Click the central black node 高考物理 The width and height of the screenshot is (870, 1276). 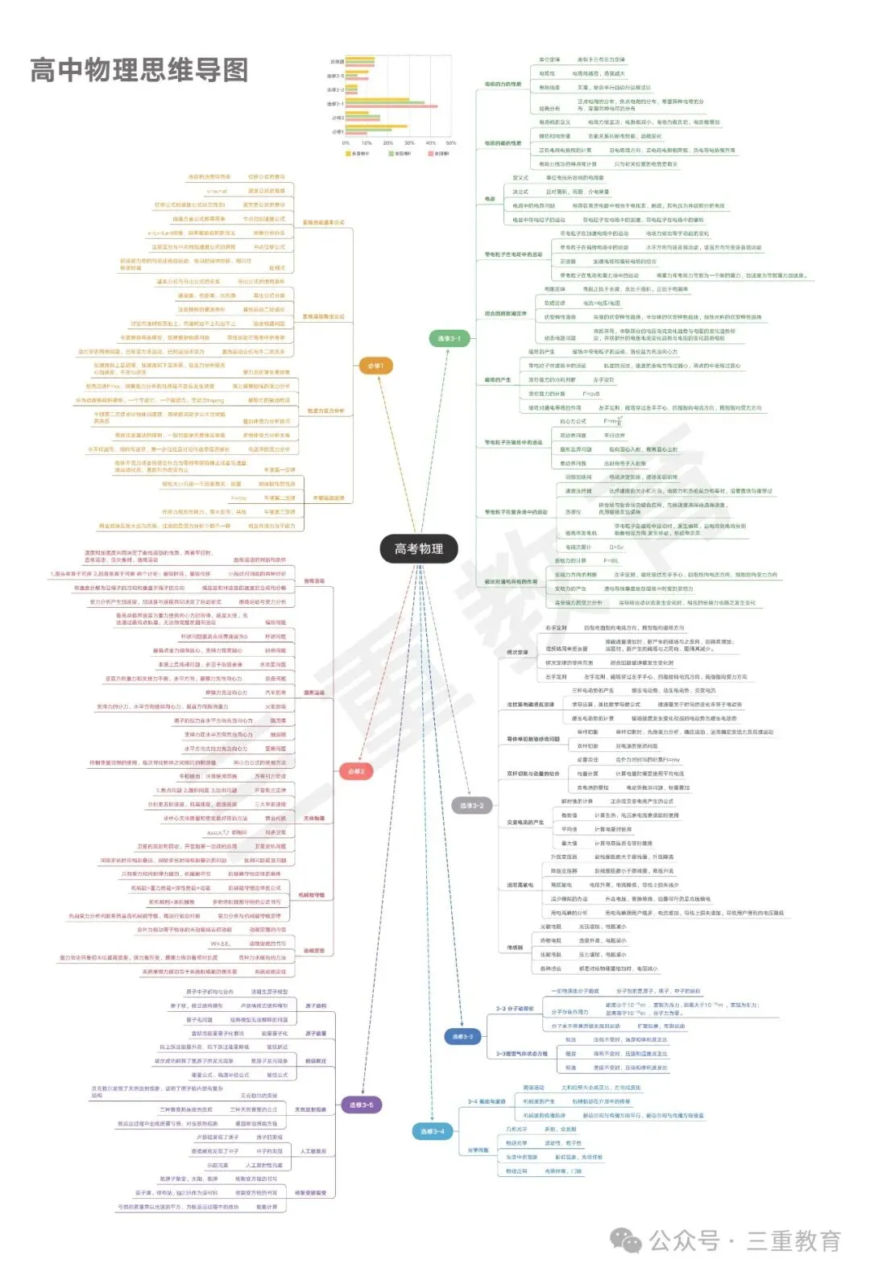pyautogui.click(x=418, y=549)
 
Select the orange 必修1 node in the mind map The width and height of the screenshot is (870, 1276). pyautogui.click(x=375, y=366)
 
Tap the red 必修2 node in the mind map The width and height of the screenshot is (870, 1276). pyautogui.click(x=356, y=771)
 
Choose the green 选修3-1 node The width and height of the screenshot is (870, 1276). pyautogui.click(x=449, y=338)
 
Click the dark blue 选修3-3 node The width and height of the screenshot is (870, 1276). pyautogui.click(x=462, y=1036)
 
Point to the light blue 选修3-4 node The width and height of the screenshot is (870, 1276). pyautogui.click(x=432, y=1131)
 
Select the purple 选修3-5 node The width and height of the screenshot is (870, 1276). pyautogui.click(x=361, y=1105)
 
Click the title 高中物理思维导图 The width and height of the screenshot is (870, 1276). pyautogui.click(x=139, y=70)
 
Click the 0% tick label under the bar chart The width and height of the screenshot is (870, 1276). pyautogui.click(x=346, y=143)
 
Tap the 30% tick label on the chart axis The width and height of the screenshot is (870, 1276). pyautogui.click(x=409, y=143)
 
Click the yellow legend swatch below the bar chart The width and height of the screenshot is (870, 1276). pyautogui.click(x=348, y=153)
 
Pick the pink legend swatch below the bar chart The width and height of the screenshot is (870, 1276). pyautogui.click(x=431, y=153)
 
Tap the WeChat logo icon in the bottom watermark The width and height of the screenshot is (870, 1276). pyautogui.click(x=626, y=1240)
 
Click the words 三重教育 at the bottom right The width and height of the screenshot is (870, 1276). pyautogui.click(x=793, y=1241)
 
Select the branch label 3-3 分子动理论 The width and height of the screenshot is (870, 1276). pyautogui.click(x=514, y=1008)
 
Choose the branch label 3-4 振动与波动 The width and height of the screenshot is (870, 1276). pyautogui.click(x=487, y=1101)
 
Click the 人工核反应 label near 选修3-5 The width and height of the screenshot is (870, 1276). pyautogui.click(x=313, y=1151)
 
